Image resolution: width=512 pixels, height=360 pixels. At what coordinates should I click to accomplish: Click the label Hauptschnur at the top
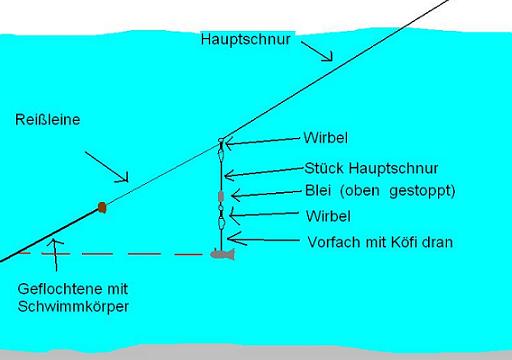(x=246, y=40)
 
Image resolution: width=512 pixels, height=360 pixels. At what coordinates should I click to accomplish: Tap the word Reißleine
(x=48, y=120)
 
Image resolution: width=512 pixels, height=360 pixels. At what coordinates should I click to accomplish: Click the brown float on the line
(x=102, y=207)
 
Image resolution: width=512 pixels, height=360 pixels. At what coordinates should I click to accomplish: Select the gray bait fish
(x=223, y=254)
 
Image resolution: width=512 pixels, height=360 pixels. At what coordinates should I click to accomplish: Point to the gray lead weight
(x=221, y=196)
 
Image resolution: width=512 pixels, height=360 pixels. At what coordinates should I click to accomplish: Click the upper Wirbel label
(x=326, y=138)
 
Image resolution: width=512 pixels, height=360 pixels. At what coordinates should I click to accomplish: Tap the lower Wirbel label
(x=328, y=216)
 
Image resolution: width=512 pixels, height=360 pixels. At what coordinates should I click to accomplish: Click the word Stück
(x=324, y=168)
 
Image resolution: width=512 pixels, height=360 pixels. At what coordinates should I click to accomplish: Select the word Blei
(x=318, y=191)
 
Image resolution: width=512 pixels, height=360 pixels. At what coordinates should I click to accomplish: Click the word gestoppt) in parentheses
(x=422, y=191)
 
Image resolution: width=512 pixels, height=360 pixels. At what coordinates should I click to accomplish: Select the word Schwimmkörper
(x=73, y=307)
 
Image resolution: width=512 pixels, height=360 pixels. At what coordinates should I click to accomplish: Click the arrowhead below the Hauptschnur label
(x=327, y=56)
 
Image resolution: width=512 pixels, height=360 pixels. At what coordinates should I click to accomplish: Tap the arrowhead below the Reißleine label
(x=122, y=177)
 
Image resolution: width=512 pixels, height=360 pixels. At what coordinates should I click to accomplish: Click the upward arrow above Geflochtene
(x=55, y=255)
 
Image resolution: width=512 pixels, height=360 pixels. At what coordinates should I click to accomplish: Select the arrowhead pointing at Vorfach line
(x=237, y=239)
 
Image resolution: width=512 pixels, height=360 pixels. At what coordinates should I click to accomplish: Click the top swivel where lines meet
(x=221, y=140)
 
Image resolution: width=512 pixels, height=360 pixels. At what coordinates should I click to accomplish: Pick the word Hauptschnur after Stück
(x=393, y=168)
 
